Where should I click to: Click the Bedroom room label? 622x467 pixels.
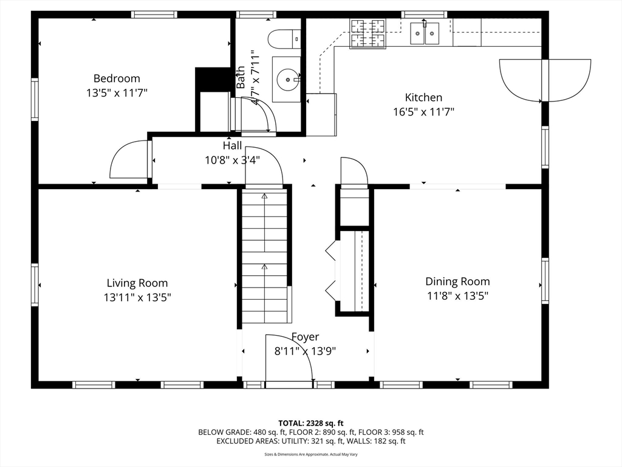tap(117, 78)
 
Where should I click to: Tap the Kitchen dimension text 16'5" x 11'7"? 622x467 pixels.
tap(423, 112)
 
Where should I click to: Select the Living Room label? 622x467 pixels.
tap(137, 283)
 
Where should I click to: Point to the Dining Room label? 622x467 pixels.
tap(457, 282)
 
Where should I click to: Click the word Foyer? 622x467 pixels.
tap(305, 337)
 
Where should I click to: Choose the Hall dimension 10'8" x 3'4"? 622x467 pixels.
tap(232, 161)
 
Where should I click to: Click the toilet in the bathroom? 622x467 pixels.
tap(284, 40)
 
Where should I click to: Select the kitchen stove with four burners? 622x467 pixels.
tap(367, 33)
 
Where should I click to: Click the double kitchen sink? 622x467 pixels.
tap(425, 33)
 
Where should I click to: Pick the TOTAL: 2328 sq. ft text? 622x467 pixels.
tap(310, 423)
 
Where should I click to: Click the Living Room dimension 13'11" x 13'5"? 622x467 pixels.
tap(137, 297)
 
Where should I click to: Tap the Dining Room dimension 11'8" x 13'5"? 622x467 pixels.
tap(457, 296)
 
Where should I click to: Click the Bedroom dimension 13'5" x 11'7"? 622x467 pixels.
tap(117, 93)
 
